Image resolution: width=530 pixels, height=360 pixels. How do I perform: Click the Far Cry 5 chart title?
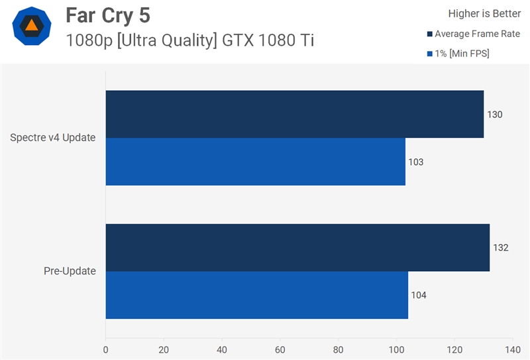click(x=108, y=15)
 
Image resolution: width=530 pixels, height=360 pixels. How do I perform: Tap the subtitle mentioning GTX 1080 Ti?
click(x=189, y=40)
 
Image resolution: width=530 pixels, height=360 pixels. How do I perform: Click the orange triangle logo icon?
click(x=31, y=27)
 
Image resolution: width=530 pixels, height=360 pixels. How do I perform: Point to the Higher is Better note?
click(x=484, y=13)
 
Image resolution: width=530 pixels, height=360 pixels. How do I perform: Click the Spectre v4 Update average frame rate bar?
click(x=294, y=114)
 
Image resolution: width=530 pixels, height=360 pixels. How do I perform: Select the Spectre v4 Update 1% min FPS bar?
click(x=255, y=162)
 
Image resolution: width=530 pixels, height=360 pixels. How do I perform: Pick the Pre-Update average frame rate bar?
click(x=297, y=247)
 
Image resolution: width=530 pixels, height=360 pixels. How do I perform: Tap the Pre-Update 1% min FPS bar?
click(x=256, y=295)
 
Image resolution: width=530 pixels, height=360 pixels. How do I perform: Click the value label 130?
click(x=495, y=115)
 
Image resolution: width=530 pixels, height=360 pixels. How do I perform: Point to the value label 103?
click(x=416, y=162)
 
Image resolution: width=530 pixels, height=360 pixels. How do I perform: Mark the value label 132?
click(x=501, y=248)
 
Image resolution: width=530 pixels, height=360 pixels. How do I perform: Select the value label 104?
click(x=419, y=296)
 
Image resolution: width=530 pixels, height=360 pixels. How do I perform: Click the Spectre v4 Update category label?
click(x=53, y=138)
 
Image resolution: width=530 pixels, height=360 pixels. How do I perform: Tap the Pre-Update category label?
click(x=70, y=271)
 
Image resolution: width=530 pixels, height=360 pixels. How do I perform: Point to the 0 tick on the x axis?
click(x=106, y=349)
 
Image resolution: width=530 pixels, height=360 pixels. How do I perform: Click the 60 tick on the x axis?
click(x=280, y=349)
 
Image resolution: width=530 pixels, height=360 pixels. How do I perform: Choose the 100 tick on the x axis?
click(x=396, y=349)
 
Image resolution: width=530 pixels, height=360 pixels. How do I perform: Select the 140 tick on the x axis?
click(x=512, y=349)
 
